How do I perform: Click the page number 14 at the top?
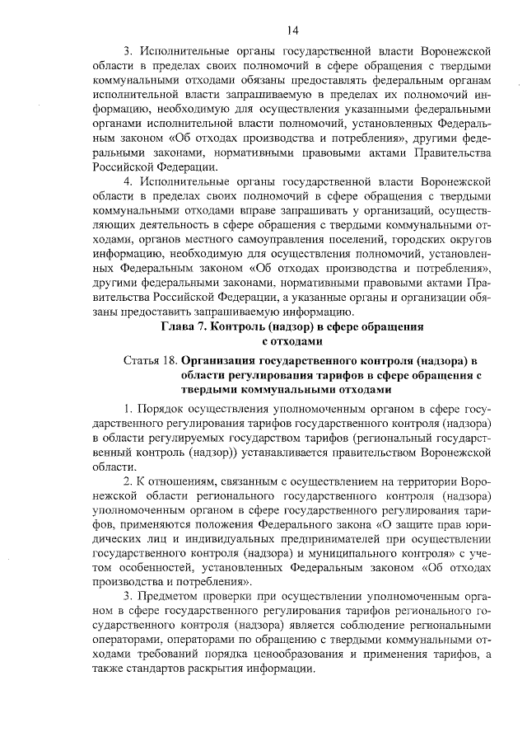pyautogui.click(x=292, y=30)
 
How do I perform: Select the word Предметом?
pyautogui.click(x=170, y=595)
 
